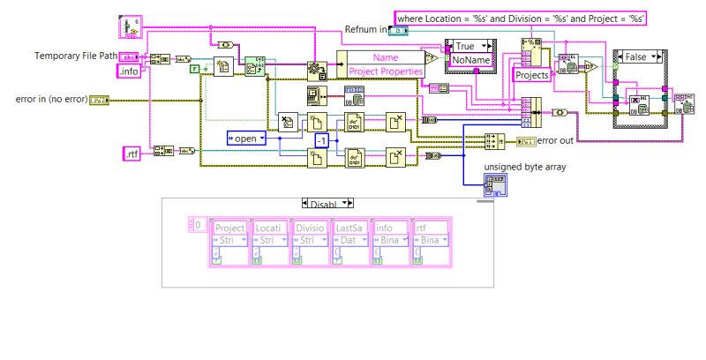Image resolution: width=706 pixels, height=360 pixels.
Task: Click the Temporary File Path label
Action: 75,56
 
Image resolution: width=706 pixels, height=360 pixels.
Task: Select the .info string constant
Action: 129,71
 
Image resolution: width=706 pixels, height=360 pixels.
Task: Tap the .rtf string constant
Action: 131,154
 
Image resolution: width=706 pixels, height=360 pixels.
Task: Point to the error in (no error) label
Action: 51,99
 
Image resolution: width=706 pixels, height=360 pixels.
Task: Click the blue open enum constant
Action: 247,138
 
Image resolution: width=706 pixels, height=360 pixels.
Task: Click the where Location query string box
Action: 521,18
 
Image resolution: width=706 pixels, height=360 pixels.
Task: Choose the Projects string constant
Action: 532,75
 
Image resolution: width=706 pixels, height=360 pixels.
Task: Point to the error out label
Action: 555,140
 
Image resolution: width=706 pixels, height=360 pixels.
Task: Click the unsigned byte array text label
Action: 524,168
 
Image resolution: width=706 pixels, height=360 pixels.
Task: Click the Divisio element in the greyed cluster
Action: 310,228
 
